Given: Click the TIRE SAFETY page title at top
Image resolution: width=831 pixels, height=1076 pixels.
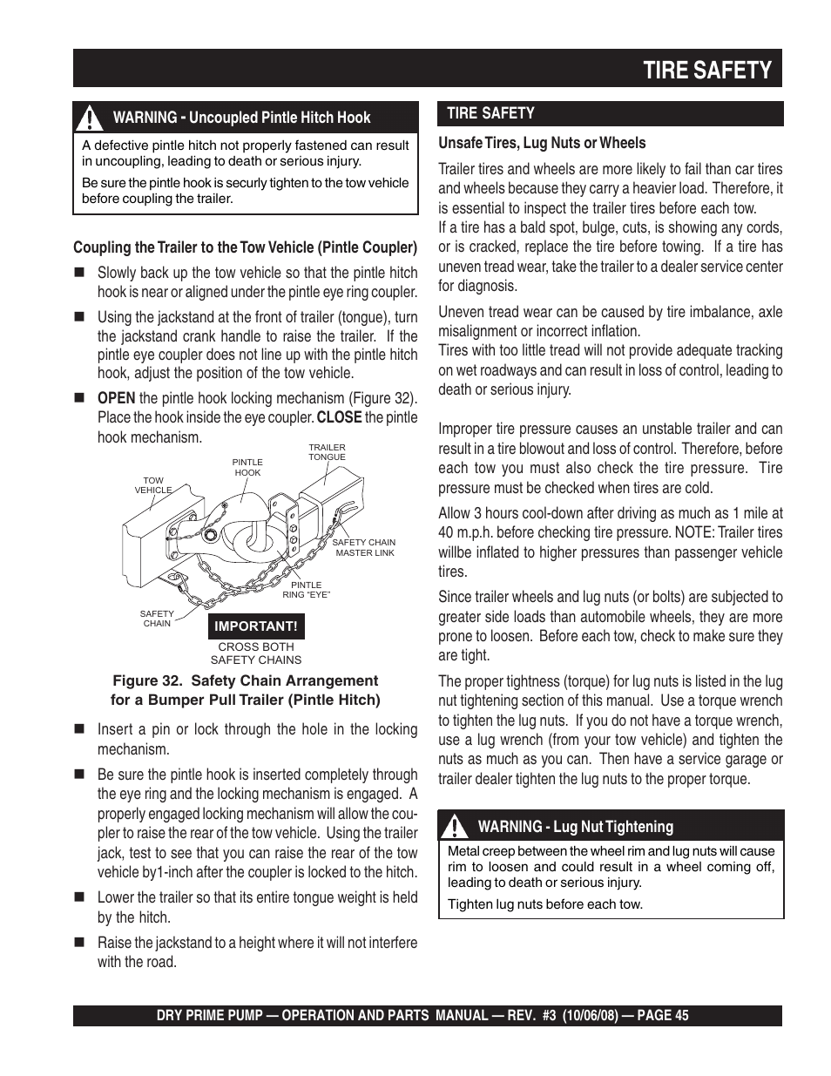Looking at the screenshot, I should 707,71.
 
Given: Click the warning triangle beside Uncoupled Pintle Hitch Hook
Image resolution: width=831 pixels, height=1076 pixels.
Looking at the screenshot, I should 89,118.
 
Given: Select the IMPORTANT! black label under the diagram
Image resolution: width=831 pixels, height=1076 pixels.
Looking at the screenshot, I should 256,626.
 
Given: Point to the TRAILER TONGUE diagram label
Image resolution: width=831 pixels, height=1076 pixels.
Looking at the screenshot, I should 327,452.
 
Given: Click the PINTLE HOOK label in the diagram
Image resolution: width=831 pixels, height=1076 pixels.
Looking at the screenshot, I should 247,468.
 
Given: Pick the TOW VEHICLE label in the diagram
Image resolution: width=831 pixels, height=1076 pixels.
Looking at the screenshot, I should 153,485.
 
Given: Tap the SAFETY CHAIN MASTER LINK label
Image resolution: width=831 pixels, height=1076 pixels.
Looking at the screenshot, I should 364,547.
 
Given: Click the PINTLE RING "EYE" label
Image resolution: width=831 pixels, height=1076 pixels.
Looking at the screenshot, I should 306,590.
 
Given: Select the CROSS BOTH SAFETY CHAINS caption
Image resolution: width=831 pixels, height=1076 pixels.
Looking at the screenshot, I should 256,653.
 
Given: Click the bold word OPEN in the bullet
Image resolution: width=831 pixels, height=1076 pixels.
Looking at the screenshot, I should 116,398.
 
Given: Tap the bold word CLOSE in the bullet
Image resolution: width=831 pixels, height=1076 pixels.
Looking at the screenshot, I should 339,417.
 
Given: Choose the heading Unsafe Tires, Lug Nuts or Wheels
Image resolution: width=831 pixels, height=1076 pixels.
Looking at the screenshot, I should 542,143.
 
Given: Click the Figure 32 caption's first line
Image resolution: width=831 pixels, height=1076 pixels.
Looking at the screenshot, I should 246,680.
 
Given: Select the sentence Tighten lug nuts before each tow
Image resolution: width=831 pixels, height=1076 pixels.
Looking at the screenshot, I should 545,904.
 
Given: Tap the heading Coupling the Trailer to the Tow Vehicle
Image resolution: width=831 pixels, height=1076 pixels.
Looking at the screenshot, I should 245,248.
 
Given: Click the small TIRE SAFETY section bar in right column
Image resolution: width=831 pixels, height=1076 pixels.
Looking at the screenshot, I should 610,113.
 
